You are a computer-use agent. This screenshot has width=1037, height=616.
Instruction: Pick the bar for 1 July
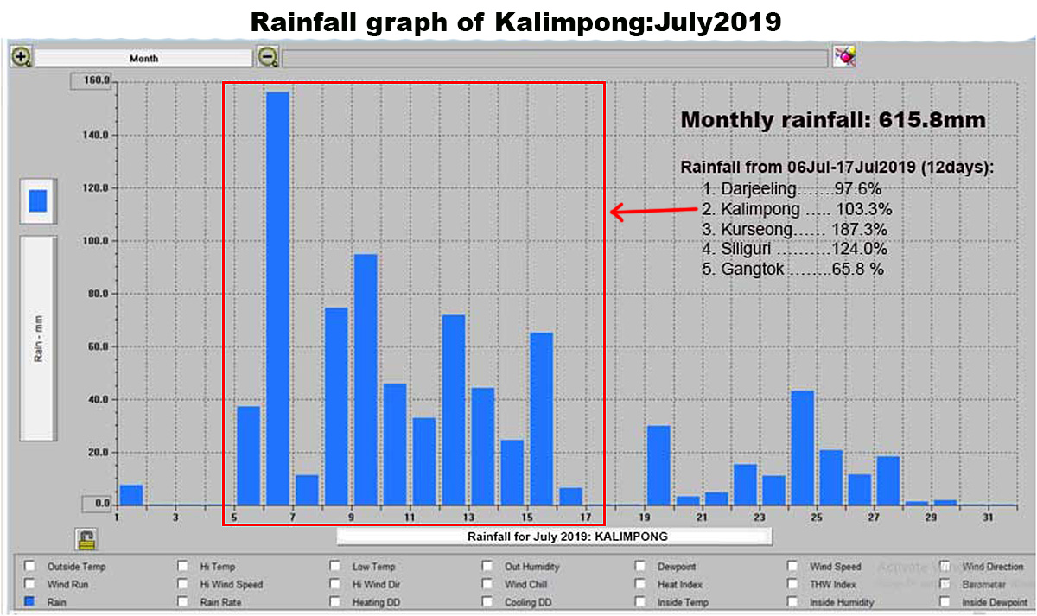131,495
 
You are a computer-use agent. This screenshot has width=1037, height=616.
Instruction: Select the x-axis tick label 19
645,518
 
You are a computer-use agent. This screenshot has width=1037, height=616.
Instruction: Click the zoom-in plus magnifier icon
22,58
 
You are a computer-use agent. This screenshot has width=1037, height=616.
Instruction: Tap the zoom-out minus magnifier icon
268,58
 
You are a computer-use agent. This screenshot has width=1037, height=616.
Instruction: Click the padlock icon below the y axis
86,539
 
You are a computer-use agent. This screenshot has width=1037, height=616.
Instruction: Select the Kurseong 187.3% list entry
795,230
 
